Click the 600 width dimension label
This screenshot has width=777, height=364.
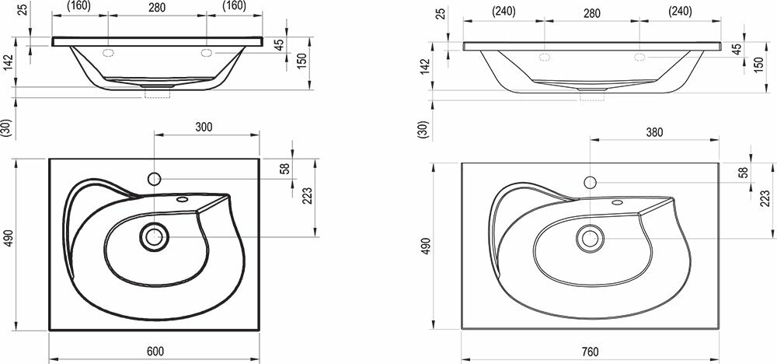coord(155,352)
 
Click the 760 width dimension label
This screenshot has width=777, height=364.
coord(591,352)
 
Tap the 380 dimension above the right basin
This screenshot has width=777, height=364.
coord(655,132)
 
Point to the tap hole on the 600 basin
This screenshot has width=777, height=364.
coord(154,180)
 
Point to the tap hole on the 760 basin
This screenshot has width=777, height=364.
coord(590,183)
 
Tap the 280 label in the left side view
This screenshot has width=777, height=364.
coord(158,7)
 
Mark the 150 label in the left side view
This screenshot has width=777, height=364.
coord(302,58)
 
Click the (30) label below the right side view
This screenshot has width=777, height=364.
coord(422,130)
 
